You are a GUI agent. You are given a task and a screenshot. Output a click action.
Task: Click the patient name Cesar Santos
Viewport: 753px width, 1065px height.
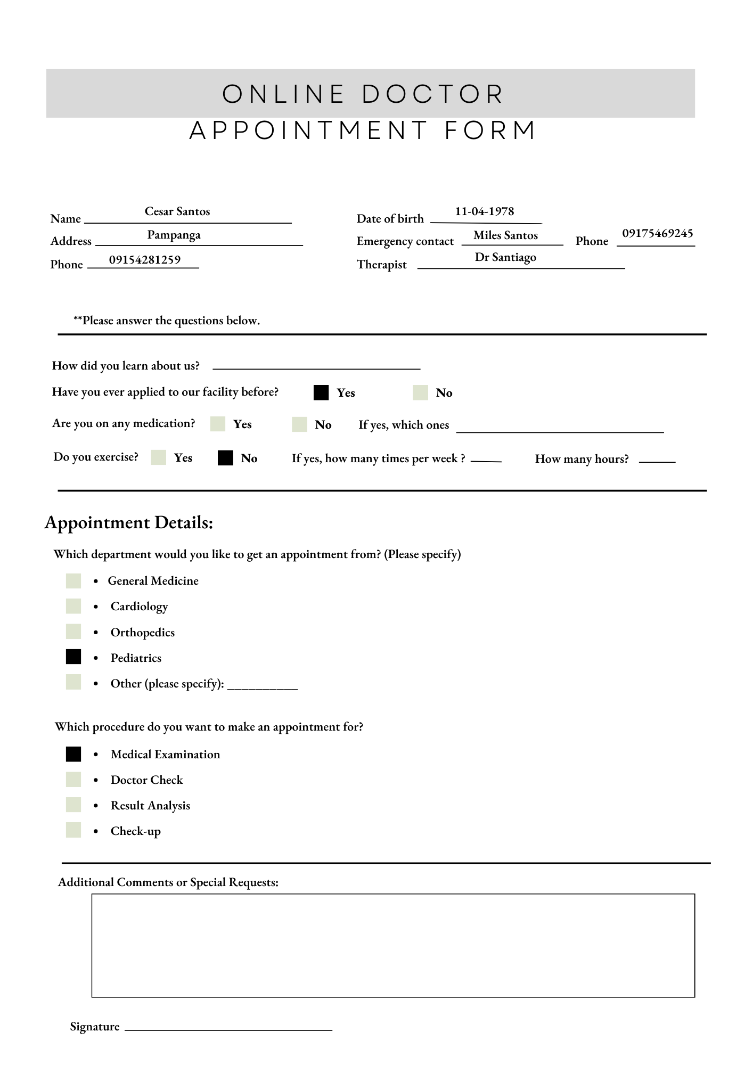[177, 211]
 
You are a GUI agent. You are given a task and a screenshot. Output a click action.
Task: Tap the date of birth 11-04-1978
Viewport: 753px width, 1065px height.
[484, 211]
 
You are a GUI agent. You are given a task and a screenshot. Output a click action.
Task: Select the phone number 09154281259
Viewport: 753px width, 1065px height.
[145, 260]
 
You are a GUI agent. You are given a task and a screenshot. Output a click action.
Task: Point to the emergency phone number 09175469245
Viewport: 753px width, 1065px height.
[657, 233]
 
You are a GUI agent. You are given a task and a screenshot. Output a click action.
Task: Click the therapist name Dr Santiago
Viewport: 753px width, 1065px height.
[505, 257]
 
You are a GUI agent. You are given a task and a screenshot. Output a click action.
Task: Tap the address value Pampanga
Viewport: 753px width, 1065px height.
[174, 235]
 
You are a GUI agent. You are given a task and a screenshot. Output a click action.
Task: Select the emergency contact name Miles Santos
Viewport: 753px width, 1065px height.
[505, 235]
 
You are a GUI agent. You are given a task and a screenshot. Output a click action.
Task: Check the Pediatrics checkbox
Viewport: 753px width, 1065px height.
[73, 657]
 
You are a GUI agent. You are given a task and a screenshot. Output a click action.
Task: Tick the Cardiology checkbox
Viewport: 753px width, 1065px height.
[73, 606]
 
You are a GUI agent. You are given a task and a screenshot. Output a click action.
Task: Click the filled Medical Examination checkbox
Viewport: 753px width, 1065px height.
[73, 754]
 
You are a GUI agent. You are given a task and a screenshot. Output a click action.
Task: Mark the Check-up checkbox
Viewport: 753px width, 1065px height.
[73, 830]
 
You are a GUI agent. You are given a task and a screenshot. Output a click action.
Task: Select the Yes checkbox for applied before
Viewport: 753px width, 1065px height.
[321, 392]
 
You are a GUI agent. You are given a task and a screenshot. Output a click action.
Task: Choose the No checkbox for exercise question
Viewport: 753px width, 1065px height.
[225, 458]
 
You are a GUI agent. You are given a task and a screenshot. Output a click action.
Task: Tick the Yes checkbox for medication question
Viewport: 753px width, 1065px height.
[218, 424]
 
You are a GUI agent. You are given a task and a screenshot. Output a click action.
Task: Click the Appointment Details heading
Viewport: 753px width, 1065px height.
[129, 522]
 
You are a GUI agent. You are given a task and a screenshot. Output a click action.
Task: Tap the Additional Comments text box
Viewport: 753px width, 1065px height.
[393, 945]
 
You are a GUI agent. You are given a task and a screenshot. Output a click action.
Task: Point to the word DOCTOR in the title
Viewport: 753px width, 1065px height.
[432, 94]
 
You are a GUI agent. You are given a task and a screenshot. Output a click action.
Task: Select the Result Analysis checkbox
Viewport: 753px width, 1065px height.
[73, 805]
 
